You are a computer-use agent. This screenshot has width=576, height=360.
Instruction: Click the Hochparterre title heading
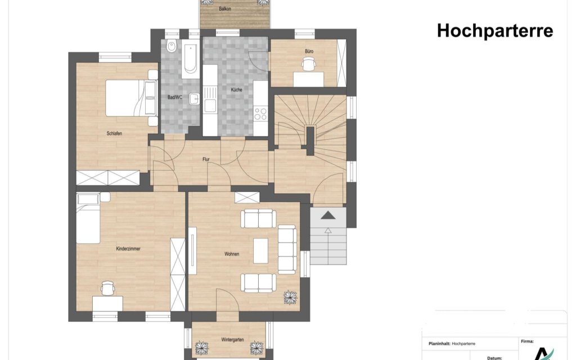(495, 31)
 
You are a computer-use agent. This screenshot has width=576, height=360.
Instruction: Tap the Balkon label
(225, 8)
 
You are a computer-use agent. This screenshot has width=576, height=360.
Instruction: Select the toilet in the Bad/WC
(172, 46)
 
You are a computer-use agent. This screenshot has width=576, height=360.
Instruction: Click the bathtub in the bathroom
(190, 58)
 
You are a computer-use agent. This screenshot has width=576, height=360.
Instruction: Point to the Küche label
(237, 89)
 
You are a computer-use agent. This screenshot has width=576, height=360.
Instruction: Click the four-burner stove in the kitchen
(260, 113)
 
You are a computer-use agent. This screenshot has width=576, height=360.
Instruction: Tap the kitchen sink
(210, 99)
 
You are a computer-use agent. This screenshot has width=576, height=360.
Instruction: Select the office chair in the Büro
(309, 65)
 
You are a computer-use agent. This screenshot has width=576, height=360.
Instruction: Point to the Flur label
(206, 159)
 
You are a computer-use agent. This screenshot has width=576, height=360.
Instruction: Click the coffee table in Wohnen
(261, 250)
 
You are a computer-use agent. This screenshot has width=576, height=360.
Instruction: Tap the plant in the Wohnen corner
(290, 298)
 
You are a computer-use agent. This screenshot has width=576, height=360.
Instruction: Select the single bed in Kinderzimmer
(88, 218)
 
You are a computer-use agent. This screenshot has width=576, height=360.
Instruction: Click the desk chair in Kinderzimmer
(107, 288)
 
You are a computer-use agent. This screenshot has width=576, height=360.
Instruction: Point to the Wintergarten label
(232, 340)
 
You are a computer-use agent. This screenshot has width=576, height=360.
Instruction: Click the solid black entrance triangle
(328, 215)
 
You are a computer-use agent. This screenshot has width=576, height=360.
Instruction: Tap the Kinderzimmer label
(128, 249)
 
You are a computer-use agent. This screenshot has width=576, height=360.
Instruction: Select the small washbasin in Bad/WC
(194, 99)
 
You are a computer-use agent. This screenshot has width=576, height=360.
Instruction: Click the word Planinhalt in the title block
(439, 344)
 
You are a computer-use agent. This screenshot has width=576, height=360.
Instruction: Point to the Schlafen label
(114, 133)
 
